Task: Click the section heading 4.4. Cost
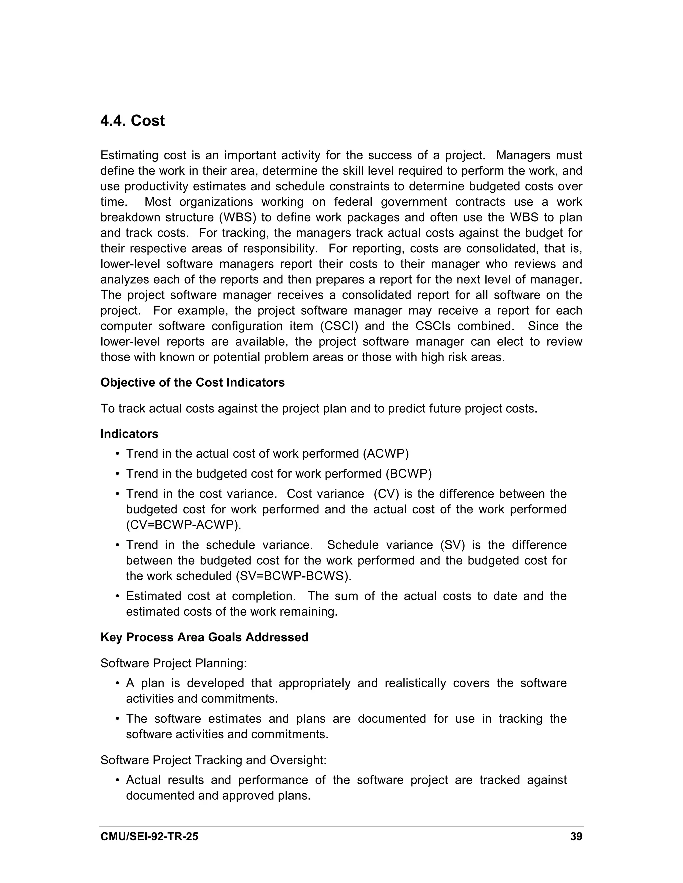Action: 132,121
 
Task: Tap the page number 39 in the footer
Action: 576,836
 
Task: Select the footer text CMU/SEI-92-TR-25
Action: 149,836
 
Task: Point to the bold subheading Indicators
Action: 129,434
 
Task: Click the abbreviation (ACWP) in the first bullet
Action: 386,454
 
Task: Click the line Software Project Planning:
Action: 173,663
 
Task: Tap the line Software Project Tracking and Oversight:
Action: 213,760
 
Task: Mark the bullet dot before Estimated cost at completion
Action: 117,596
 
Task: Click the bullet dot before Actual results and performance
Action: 117,780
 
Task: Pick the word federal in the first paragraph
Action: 353,202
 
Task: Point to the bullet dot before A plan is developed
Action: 117,684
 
